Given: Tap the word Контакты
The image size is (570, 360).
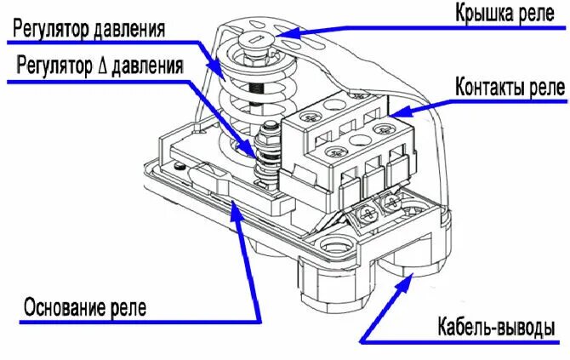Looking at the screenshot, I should pyautogui.click(x=485, y=87).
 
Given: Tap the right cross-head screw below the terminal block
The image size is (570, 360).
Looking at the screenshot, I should pyautogui.click(x=393, y=203).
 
